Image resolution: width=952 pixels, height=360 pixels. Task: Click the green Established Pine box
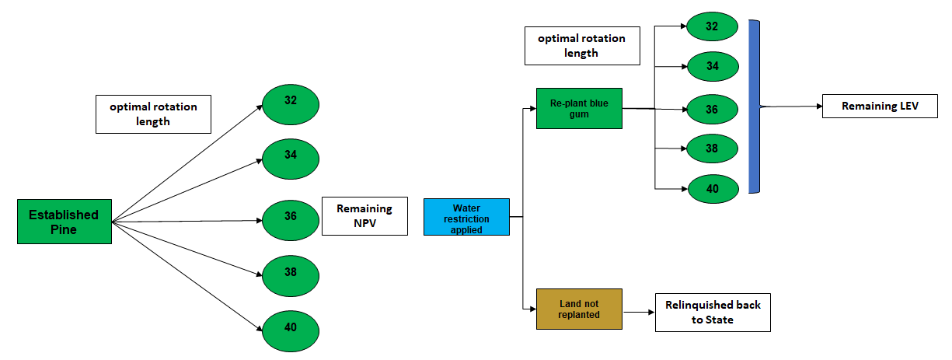(x=64, y=222)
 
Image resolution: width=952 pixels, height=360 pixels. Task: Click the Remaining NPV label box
(x=364, y=216)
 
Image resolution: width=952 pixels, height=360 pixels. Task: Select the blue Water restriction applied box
(x=466, y=217)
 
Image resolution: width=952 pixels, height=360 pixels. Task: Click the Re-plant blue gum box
(x=579, y=108)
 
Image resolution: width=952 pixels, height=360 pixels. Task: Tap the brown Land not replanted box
(x=579, y=309)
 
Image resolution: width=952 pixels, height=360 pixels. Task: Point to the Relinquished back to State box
(x=713, y=312)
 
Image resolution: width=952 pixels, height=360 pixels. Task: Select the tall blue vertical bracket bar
(x=754, y=107)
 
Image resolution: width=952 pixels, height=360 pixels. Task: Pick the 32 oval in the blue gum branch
(x=712, y=27)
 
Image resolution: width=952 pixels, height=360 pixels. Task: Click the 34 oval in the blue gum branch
(x=712, y=68)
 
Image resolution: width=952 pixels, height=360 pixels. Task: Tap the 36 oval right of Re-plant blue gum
(x=712, y=109)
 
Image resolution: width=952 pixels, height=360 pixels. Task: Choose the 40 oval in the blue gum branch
(x=712, y=188)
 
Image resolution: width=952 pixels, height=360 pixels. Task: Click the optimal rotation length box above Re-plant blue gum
(x=582, y=46)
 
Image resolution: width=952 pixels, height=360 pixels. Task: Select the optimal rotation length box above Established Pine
(x=153, y=114)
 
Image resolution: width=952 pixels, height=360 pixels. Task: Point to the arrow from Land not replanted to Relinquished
(x=638, y=313)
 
